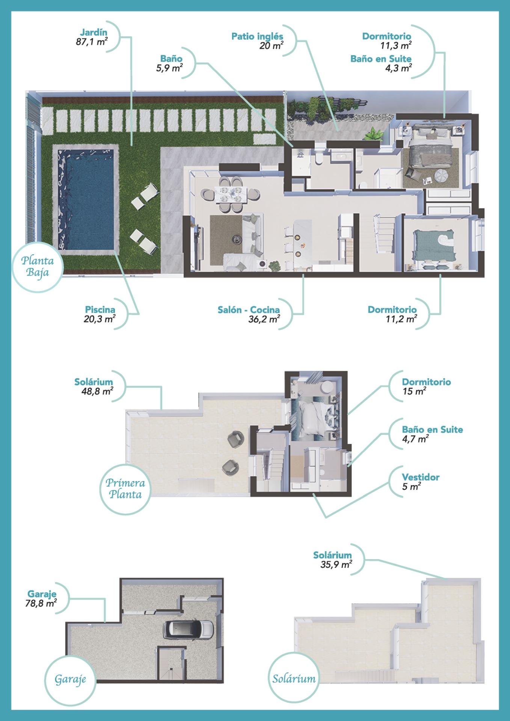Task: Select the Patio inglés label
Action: click(x=257, y=36)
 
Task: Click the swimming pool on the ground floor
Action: click(x=86, y=199)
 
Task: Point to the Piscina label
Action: click(x=100, y=310)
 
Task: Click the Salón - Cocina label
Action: click(x=249, y=310)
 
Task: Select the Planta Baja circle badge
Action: click(x=37, y=266)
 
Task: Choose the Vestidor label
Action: click(x=421, y=477)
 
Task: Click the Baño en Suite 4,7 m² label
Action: click(x=432, y=430)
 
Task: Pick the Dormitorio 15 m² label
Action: click(x=426, y=382)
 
